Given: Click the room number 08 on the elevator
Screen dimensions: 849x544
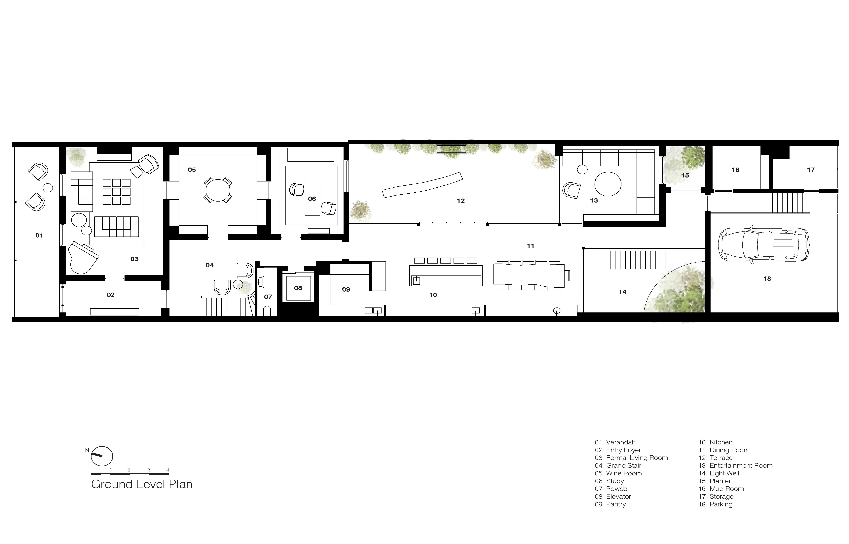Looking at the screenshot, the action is [298, 288].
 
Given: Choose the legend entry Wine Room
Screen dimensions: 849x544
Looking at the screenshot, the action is [624, 473].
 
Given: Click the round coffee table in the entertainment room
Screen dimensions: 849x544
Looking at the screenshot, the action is [608, 184].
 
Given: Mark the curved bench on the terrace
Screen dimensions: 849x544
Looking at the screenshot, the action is [422, 185].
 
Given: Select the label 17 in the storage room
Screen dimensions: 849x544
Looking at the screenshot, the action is [811, 170].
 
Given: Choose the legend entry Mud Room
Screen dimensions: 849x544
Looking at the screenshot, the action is [727, 489].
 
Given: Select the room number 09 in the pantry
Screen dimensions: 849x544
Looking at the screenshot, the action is [346, 289].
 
